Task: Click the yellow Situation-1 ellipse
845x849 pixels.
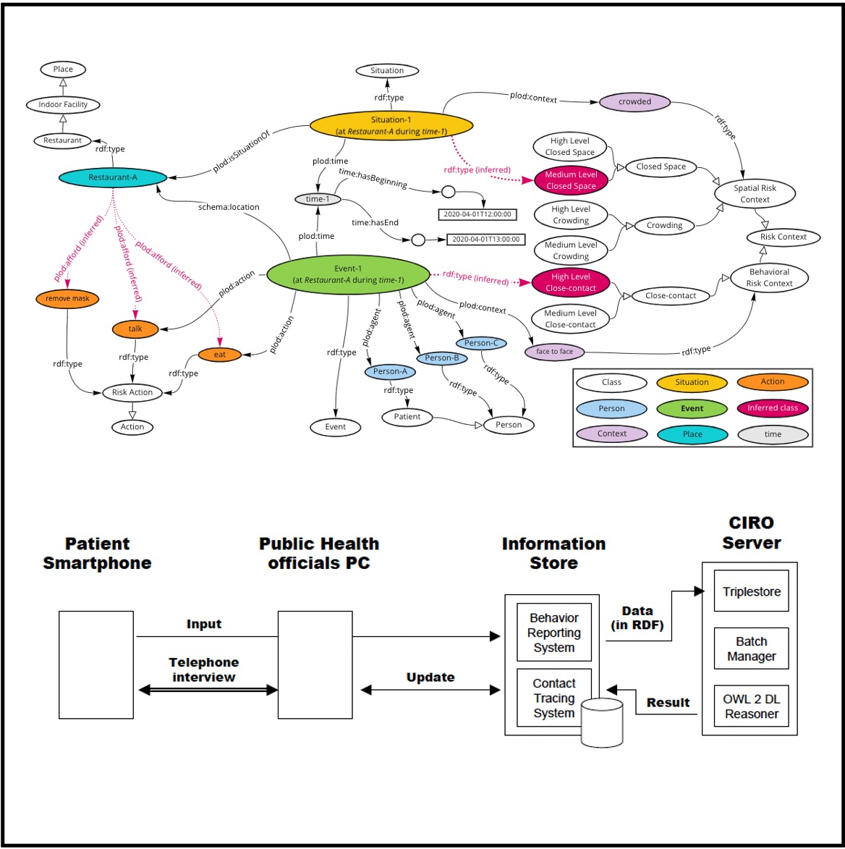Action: pyautogui.click(x=391, y=125)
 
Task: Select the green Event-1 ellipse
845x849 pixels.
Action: pyautogui.click(x=348, y=274)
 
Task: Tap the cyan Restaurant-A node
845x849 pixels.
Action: pyautogui.click(x=113, y=177)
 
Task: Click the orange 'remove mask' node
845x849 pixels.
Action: pyautogui.click(x=67, y=298)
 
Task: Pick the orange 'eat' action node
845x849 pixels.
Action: pyautogui.click(x=219, y=355)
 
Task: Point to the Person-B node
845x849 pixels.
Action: pyautogui.click(x=442, y=358)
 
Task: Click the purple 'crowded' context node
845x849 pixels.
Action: pyautogui.click(x=634, y=102)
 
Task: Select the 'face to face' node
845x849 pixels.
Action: pyautogui.click(x=554, y=352)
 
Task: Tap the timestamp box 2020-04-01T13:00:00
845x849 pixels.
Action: pyautogui.click(x=486, y=239)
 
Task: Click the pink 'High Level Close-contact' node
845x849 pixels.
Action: pyautogui.click(x=571, y=282)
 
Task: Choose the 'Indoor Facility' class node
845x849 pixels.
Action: pyautogui.click(x=63, y=104)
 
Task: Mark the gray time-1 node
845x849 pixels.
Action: pyautogui.click(x=318, y=199)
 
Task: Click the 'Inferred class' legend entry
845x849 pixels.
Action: pyautogui.click(x=772, y=408)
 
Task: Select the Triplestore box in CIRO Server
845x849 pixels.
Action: pyautogui.click(x=752, y=592)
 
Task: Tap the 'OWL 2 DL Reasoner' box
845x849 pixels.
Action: pyautogui.click(x=752, y=706)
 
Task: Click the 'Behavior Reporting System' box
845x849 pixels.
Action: pyautogui.click(x=553, y=633)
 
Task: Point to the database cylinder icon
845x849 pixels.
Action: pyautogui.click(x=602, y=722)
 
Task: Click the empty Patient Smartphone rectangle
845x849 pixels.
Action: pyautogui.click(x=96, y=664)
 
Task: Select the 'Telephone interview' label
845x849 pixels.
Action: pyautogui.click(x=204, y=670)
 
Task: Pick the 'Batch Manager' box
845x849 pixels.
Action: pyautogui.click(x=752, y=649)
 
